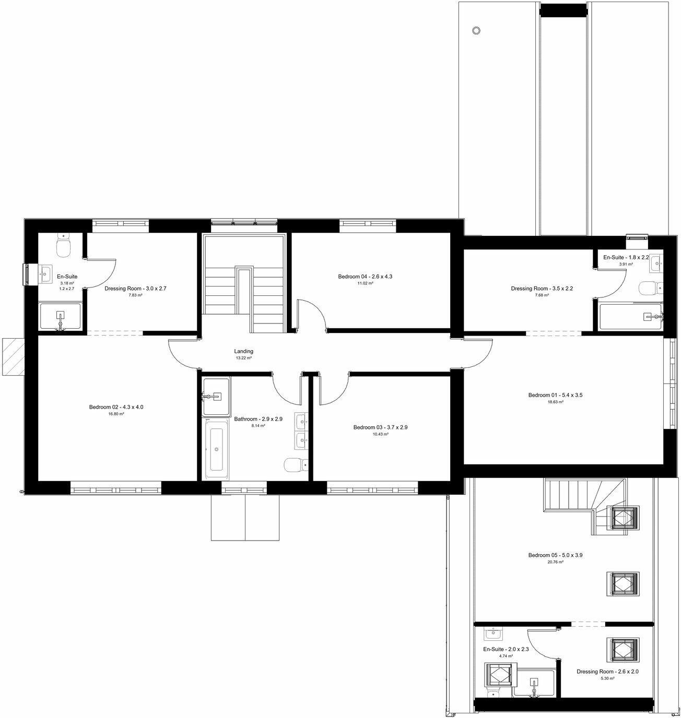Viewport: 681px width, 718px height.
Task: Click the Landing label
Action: coord(243,352)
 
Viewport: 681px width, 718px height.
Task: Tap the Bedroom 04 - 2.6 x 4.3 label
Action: coord(365,277)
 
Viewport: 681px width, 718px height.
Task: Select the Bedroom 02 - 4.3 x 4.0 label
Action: coord(116,407)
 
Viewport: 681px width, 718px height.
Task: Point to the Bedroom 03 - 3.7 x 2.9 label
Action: coord(380,427)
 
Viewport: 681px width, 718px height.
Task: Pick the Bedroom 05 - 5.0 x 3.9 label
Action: coord(555,555)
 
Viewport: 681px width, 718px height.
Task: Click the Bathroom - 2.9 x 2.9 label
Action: coord(258,419)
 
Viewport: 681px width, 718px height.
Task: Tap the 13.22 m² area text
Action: coord(243,358)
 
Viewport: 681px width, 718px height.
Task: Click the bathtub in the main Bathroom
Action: coord(216,449)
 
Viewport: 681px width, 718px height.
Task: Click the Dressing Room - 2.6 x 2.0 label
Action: coord(607,672)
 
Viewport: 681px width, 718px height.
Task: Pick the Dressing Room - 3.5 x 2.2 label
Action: coord(542,288)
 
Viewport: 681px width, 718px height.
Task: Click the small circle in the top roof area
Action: coord(476,30)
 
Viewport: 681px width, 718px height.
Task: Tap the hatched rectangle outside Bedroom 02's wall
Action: coord(13,357)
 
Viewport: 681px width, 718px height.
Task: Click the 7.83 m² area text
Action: coord(135,295)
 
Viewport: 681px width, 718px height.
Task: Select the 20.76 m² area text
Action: coord(555,563)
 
